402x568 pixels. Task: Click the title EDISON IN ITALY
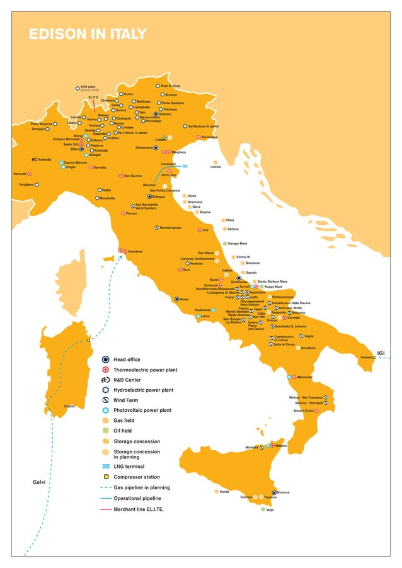pyautogui.click(x=88, y=34)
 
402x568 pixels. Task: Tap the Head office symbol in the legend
pyautogui.click(x=106, y=360)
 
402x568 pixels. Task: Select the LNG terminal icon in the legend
pyautogui.click(x=106, y=467)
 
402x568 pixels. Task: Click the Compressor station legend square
pyautogui.click(x=106, y=477)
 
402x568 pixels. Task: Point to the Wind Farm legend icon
pyautogui.click(x=106, y=400)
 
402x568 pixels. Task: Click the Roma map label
pyautogui.click(x=185, y=299)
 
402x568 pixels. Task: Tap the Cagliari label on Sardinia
pyautogui.click(x=70, y=406)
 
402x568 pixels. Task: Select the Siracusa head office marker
pyautogui.click(x=274, y=492)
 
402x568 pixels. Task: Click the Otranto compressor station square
pyautogui.click(x=374, y=358)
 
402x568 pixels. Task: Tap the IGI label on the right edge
pyautogui.click(x=381, y=353)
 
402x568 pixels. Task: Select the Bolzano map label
pyautogui.click(x=165, y=114)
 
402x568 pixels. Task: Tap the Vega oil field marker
pyautogui.click(x=263, y=509)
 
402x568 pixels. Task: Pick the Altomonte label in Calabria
pyautogui.click(x=304, y=377)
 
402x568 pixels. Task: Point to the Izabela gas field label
pyautogui.click(x=215, y=167)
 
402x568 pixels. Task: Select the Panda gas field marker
pyautogui.click(x=215, y=491)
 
